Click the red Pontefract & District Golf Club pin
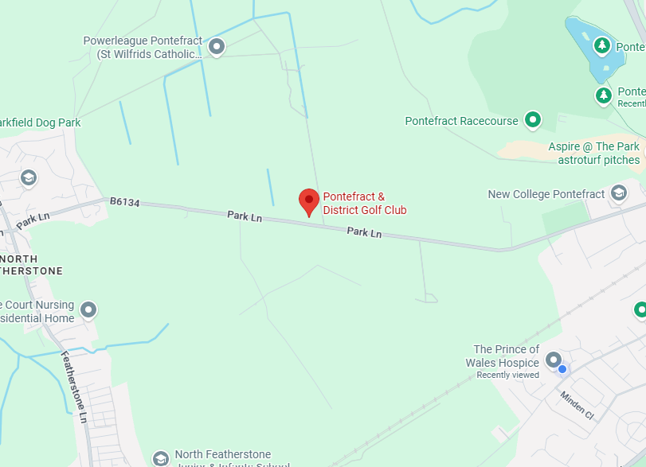pos(309,201)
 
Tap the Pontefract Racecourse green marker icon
pos(533,121)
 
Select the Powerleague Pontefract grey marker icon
pos(216,48)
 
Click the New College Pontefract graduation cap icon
pos(619,193)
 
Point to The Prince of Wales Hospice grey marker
pos(554,360)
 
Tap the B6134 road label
pos(125,203)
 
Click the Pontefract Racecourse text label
pos(461,122)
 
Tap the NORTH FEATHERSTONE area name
pos(32,265)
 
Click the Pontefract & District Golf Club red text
pos(364,204)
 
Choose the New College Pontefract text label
pos(546,194)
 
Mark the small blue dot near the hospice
pos(562,369)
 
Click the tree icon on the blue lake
pos(603,45)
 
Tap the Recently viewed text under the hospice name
pos(507,375)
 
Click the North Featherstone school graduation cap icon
pos(160,458)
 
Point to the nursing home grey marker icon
pos(88,309)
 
